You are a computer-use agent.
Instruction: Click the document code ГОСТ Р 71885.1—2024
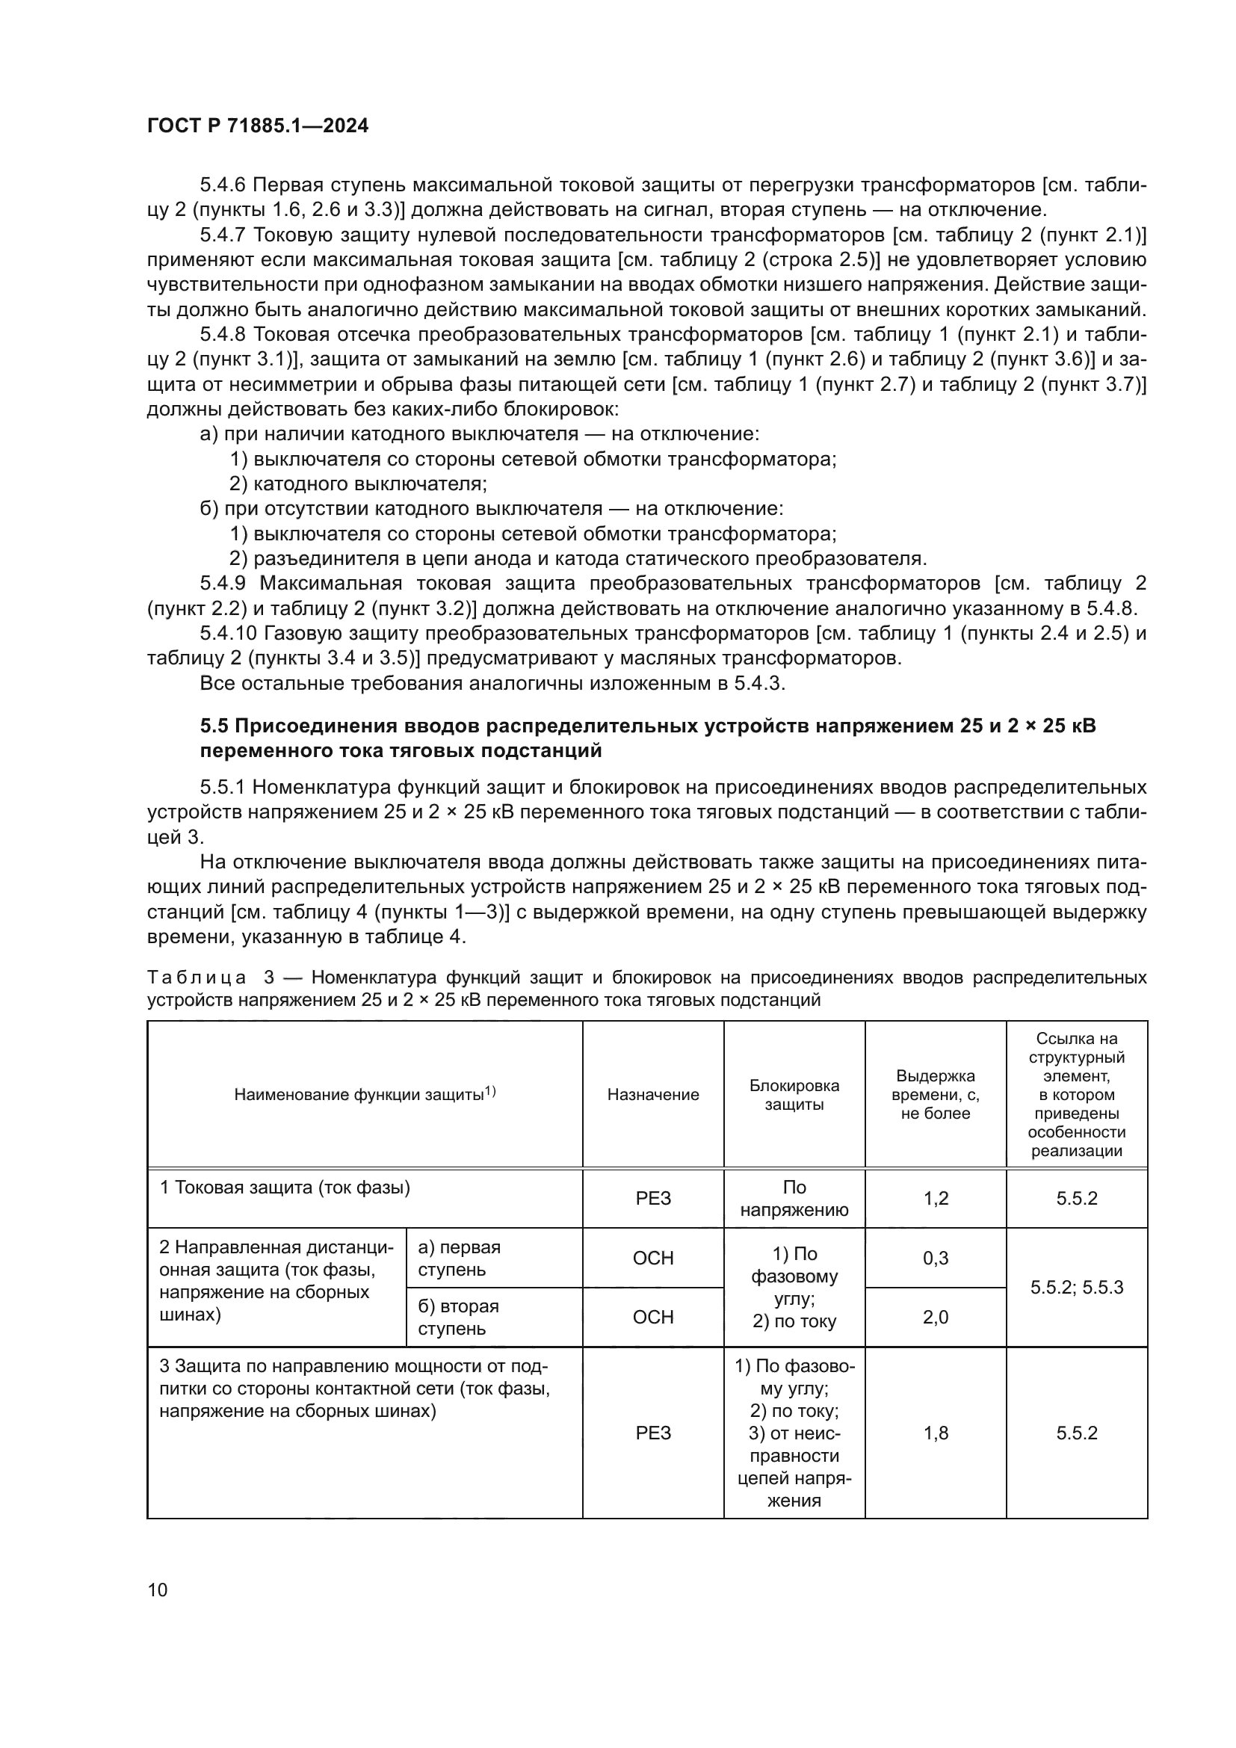[257, 126]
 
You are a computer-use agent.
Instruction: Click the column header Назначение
[653, 1094]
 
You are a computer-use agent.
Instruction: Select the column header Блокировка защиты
[794, 1095]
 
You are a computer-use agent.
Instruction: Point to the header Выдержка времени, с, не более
[936, 1095]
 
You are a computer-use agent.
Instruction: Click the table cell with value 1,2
[936, 1198]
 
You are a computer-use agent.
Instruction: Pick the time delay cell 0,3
[936, 1258]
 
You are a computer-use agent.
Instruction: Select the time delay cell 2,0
[936, 1317]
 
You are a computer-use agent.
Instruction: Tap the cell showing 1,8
[936, 1433]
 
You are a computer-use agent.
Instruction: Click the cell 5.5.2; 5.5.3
[1076, 1288]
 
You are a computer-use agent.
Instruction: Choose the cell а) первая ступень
[459, 1258]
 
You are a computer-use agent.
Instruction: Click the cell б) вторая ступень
[458, 1317]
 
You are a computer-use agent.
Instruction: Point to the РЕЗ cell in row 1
[653, 1198]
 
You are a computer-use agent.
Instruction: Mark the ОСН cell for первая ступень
[653, 1258]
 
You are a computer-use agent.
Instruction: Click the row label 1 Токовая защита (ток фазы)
[285, 1188]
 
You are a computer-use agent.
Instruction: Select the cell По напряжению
[794, 1198]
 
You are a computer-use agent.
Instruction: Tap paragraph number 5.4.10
[228, 634]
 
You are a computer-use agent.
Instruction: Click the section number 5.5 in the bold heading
[214, 726]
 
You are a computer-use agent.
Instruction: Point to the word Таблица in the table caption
[196, 978]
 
